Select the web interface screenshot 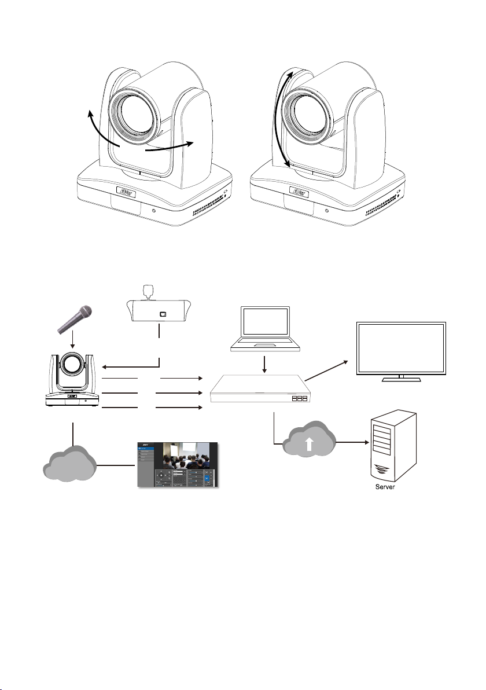pos(179,465)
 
